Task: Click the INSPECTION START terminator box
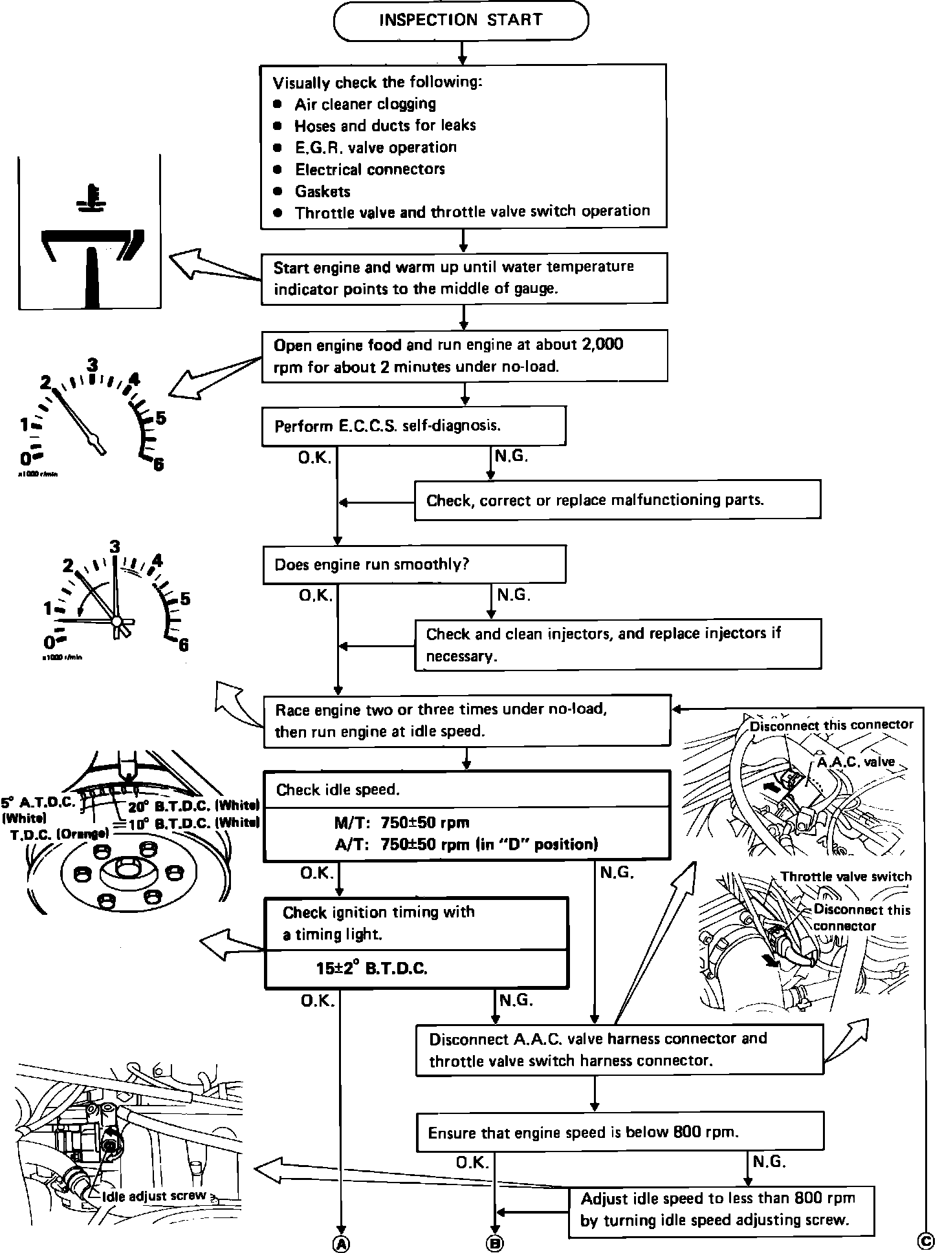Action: [x=461, y=20]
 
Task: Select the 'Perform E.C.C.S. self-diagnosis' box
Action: [x=413, y=426]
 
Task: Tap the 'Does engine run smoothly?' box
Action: [x=413, y=564]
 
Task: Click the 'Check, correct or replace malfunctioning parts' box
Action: [x=617, y=500]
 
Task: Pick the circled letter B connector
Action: [x=495, y=1242]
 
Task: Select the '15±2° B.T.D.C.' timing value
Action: [x=371, y=968]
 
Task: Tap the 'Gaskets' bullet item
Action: [x=322, y=191]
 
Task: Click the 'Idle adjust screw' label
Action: [x=153, y=1195]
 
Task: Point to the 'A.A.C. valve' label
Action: [x=855, y=762]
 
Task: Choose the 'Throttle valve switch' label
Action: [x=845, y=877]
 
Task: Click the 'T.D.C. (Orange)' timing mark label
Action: [x=60, y=834]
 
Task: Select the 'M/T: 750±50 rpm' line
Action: [x=401, y=822]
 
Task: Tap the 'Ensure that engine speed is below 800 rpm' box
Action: [x=620, y=1132]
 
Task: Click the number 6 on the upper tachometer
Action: [x=158, y=464]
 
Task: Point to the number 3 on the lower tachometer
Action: [x=115, y=547]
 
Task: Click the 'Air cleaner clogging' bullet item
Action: [x=365, y=104]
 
